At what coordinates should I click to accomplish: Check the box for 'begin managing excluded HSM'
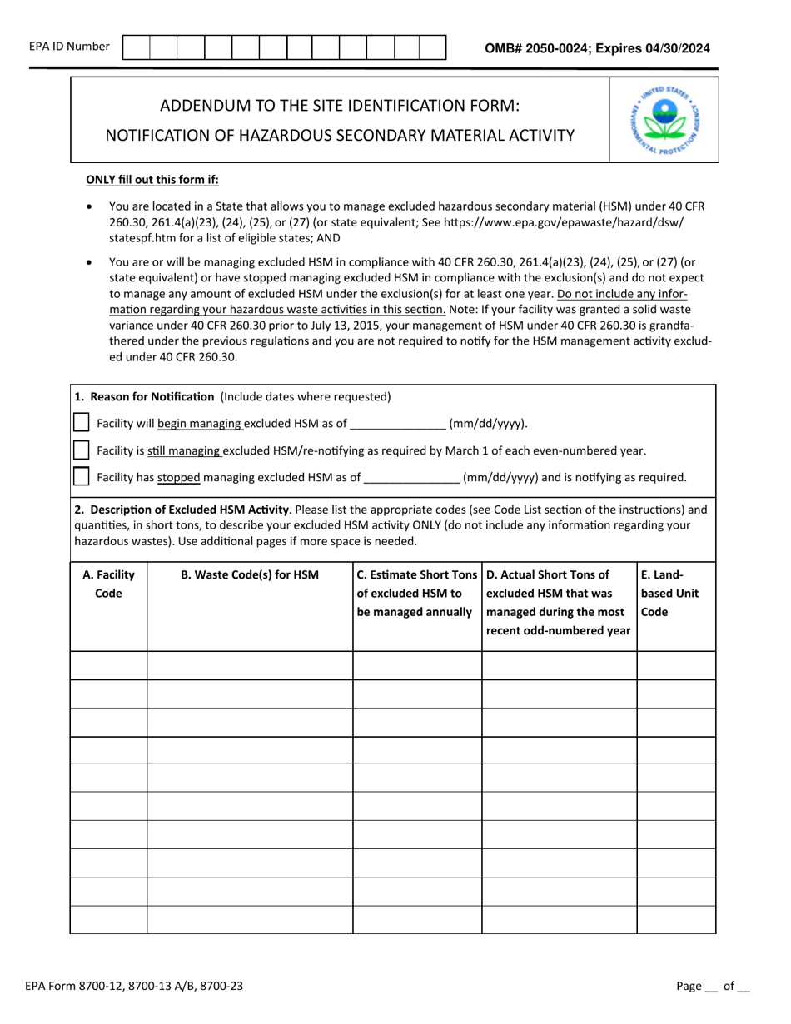pos(82,423)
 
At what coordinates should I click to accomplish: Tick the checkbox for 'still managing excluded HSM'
pos(82,450)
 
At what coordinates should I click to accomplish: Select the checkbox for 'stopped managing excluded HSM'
pos(82,477)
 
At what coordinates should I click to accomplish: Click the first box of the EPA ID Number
pos(136,47)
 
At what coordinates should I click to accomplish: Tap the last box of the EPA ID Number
pos(432,47)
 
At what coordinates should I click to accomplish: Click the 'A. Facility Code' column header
pos(108,584)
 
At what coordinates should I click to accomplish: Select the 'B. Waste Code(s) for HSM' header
pos(250,574)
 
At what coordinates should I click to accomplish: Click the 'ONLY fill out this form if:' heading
pos(152,179)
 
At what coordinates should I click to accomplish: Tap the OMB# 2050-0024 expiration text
pos(597,48)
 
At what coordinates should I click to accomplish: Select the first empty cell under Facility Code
pos(108,665)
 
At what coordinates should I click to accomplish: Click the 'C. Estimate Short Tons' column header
pos(417,593)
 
